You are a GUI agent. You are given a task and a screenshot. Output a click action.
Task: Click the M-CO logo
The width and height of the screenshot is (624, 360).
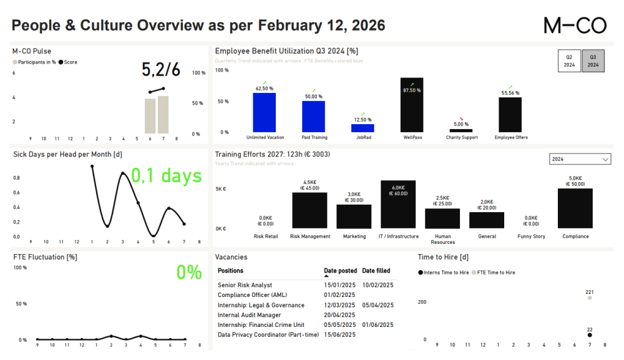(x=575, y=25)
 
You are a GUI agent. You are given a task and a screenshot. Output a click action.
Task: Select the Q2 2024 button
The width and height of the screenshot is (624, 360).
(x=569, y=61)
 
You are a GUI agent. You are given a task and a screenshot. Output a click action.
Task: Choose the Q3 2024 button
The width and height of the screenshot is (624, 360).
(x=593, y=61)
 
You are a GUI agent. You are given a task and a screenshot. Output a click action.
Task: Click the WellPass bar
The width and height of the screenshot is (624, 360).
(x=412, y=105)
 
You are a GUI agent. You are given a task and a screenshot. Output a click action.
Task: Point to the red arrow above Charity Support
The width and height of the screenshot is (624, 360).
(x=461, y=118)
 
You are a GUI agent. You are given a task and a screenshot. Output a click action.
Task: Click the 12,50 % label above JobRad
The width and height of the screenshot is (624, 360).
(x=363, y=119)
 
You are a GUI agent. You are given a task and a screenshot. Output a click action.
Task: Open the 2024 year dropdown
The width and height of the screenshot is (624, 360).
(x=580, y=160)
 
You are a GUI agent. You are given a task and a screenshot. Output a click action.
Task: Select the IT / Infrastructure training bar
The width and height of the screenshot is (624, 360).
(x=398, y=205)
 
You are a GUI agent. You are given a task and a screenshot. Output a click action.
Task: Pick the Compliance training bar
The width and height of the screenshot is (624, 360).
(x=575, y=208)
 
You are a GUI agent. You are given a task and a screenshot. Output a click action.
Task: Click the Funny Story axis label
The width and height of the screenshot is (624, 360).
(x=531, y=236)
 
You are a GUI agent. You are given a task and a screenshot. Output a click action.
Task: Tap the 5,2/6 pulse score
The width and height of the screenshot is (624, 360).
(x=161, y=69)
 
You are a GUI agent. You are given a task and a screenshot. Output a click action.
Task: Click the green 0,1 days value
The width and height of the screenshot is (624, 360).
(x=166, y=176)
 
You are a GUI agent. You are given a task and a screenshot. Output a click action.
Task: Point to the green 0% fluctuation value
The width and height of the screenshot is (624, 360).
(x=189, y=272)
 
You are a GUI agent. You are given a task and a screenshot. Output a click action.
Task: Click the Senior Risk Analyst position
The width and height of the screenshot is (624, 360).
(x=245, y=285)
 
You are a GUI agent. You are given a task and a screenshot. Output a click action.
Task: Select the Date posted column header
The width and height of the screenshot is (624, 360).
(x=341, y=271)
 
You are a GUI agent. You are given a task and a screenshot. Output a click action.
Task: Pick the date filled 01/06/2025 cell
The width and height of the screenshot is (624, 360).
(x=378, y=325)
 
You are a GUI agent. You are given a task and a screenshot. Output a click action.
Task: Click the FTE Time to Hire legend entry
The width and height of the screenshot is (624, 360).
(x=494, y=273)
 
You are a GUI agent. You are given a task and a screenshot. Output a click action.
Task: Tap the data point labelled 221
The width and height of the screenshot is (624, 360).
(x=589, y=298)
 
